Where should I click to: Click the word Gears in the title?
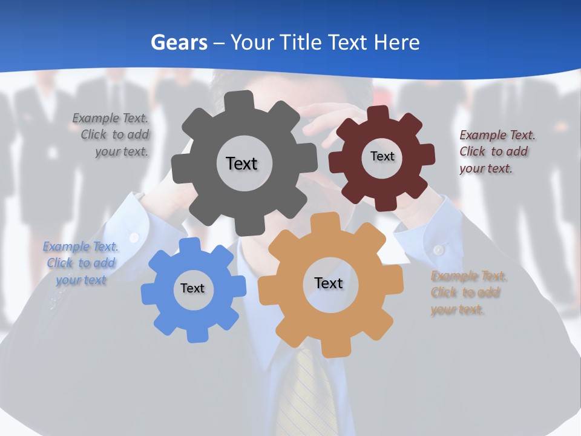coord(179,42)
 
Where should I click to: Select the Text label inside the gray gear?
coord(241,163)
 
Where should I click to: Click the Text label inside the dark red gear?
coord(382,156)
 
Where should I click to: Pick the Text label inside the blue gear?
coord(192,288)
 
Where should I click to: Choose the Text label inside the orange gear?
coord(329,283)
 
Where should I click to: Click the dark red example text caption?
coord(496,151)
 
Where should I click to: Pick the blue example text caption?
coord(80,263)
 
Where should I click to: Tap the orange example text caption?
coord(468,293)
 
